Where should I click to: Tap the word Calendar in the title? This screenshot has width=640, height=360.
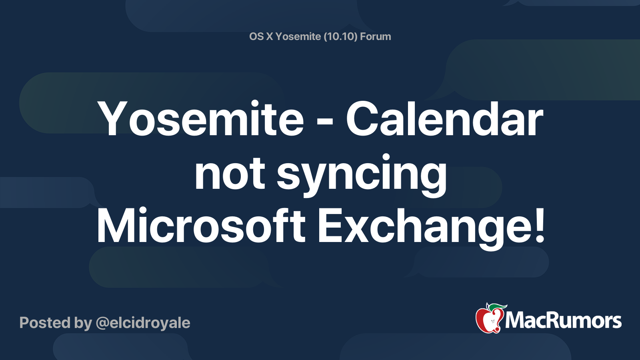point(444,118)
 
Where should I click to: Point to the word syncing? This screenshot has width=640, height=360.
point(362,175)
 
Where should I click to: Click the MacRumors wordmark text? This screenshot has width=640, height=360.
point(563,320)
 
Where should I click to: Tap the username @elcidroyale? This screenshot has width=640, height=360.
point(143,323)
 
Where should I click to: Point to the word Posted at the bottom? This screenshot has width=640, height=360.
point(45,322)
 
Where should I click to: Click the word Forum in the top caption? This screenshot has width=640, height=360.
point(376,36)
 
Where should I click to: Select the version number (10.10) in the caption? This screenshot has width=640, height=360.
point(340,36)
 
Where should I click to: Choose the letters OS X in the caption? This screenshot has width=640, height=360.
point(261,36)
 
